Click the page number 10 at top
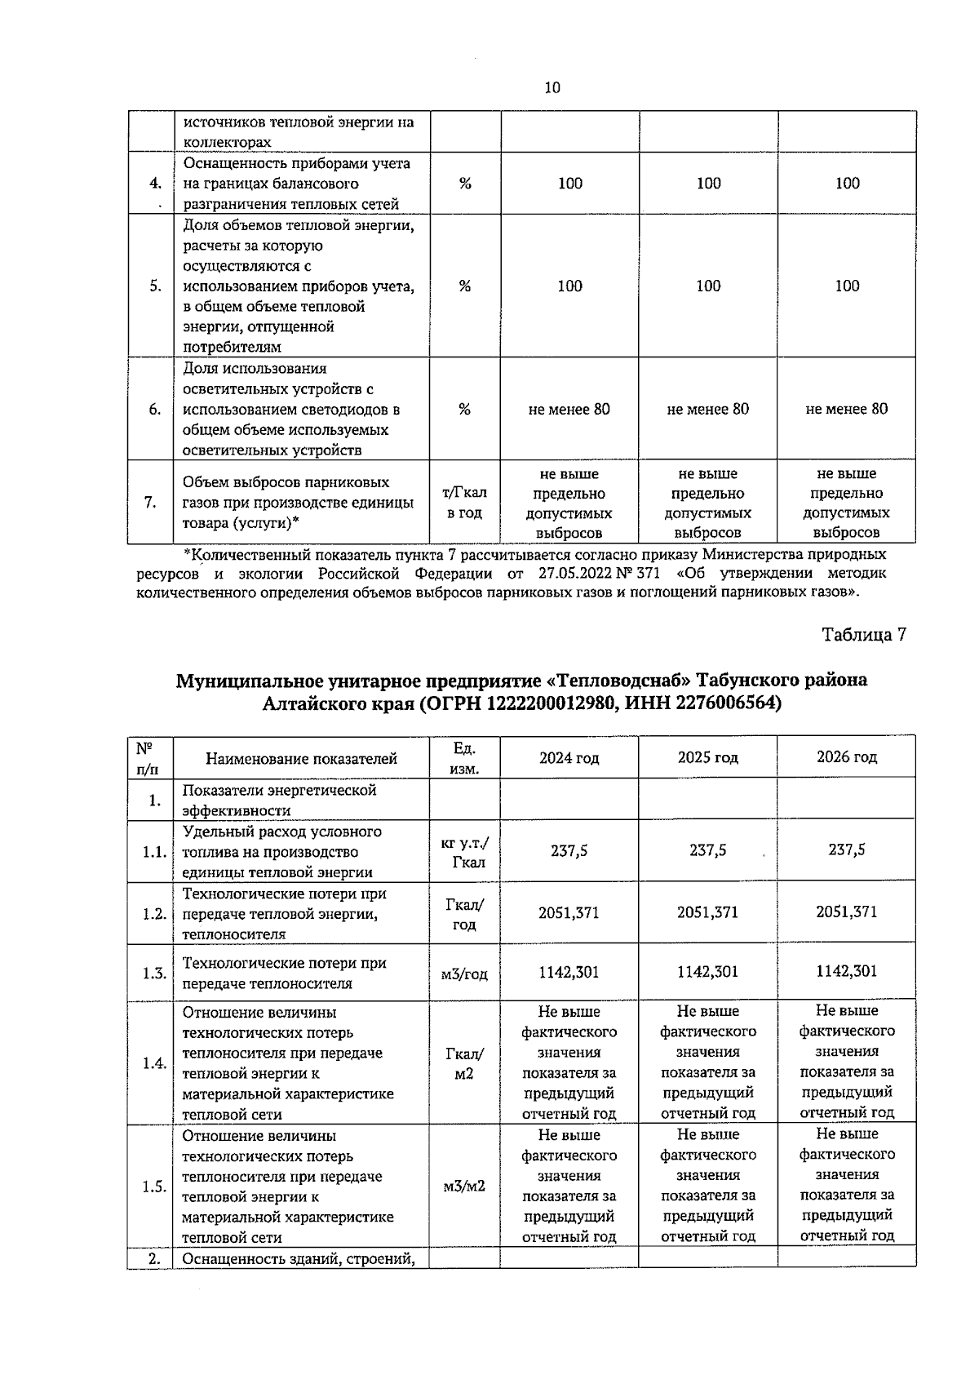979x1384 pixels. [x=552, y=88]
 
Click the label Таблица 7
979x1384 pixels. [x=863, y=635]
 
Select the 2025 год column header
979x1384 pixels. [x=707, y=757]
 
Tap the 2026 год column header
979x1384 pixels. [x=846, y=757]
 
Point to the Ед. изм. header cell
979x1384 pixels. [x=464, y=758]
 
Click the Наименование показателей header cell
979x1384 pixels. [x=301, y=759]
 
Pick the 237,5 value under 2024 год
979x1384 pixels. [x=569, y=850]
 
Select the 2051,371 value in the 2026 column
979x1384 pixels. [x=846, y=912]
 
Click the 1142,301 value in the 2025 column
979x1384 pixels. [x=707, y=971]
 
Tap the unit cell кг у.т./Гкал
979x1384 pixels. [x=465, y=852]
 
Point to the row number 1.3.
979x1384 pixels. [x=154, y=974]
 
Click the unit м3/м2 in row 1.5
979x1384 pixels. [x=464, y=1186]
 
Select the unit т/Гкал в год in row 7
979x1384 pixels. [x=464, y=503]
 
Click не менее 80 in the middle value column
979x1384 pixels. [x=707, y=409]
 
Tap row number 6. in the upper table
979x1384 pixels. [x=155, y=410]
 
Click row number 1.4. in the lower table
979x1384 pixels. [x=154, y=1063]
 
